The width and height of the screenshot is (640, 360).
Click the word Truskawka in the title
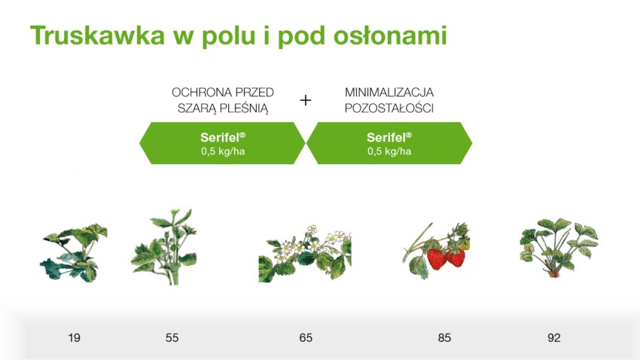click(98, 35)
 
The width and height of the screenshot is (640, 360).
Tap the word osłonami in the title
click(390, 35)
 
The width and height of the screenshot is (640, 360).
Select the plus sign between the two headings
click(305, 100)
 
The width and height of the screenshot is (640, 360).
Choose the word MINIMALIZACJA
click(389, 92)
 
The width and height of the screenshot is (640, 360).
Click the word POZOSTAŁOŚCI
click(389, 108)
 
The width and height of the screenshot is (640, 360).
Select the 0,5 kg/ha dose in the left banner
click(223, 151)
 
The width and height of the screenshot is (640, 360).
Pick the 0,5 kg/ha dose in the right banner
click(389, 151)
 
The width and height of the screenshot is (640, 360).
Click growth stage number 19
click(75, 338)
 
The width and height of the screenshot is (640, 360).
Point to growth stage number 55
click(172, 338)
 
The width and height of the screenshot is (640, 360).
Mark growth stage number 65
click(306, 338)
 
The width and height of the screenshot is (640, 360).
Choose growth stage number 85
click(444, 338)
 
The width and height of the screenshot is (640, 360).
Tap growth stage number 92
click(554, 338)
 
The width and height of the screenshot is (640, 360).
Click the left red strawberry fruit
click(436, 259)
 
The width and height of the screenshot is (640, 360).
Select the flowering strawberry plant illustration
click(305, 253)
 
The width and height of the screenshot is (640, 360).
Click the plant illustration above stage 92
click(559, 248)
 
